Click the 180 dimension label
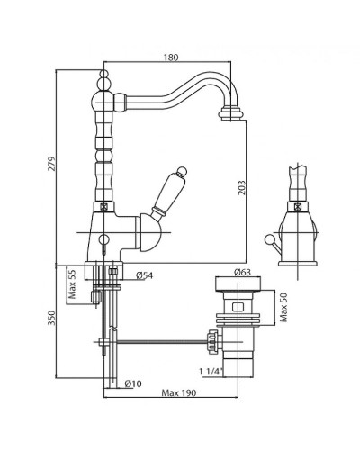(171, 58)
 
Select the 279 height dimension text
(52, 164)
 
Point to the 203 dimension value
(242, 188)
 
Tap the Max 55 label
(72, 284)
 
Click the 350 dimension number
(52, 318)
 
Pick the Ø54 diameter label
(144, 275)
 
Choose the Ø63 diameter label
(242, 272)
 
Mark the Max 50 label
(283, 307)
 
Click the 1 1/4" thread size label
(211, 372)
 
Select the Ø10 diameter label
(132, 383)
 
